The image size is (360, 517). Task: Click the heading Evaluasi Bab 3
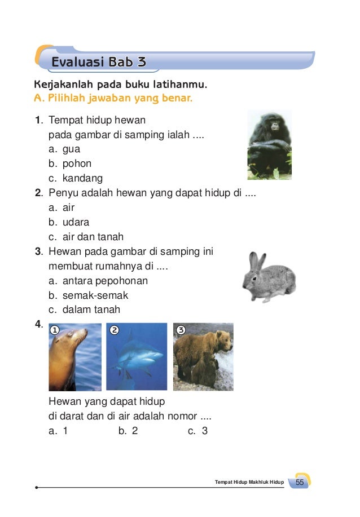coord(98,62)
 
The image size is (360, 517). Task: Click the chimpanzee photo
coord(269,145)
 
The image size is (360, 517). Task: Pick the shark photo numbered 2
coord(137,356)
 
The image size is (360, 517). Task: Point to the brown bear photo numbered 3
coord(203,356)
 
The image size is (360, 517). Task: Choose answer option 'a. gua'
coord(64,149)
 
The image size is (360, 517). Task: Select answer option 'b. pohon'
coord(70,164)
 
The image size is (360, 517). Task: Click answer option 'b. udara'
coord(69,222)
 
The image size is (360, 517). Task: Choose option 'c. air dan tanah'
coord(86,237)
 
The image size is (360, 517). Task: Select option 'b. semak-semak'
coord(88,295)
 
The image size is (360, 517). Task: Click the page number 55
coord(300,483)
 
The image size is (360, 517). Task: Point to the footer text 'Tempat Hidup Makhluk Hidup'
coord(249,483)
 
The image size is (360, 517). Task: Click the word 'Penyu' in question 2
coord(62,193)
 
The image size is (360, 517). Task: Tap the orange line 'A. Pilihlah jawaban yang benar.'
coord(113,100)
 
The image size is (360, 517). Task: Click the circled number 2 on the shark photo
coord(115,330)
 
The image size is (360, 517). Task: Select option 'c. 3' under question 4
coord(198,431)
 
